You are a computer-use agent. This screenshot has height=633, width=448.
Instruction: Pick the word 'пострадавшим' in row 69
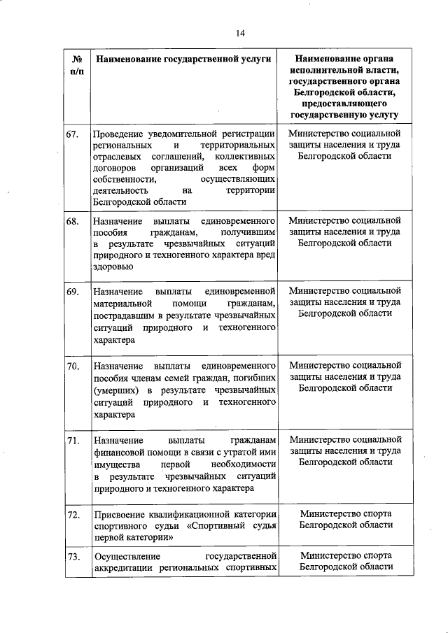123,315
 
